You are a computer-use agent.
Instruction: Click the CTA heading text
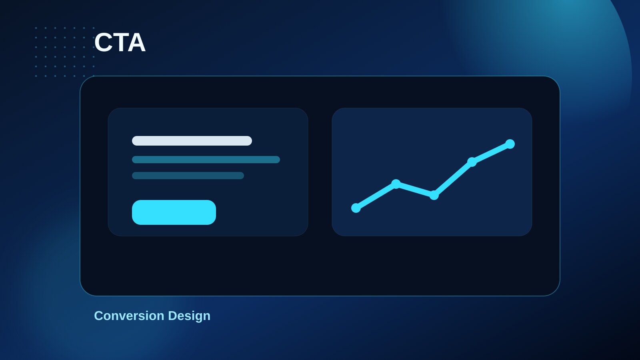[120, 42]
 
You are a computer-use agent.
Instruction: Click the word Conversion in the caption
[129, 316]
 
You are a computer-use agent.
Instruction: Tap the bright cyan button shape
[174, 212]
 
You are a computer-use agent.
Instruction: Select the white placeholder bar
[192, 141]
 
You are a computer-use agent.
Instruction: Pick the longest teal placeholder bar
[206, 160]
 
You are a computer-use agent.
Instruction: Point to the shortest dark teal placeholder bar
[188, 176]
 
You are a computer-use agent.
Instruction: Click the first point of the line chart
[356, 208]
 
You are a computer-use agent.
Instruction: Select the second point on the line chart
[396, 184]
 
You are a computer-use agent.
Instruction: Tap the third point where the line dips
[434, 195]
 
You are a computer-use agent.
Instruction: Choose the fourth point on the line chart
[472, 162]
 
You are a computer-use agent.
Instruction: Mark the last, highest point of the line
[510, 144]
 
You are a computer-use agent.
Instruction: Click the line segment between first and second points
[376, 196]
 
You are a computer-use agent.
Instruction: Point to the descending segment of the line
[415, 190]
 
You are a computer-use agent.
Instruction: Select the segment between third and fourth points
[453, 178]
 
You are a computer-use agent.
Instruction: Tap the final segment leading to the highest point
[491, 153]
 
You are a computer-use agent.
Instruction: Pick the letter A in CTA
[136, 42]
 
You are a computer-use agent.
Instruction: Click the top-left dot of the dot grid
[36, 28]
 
